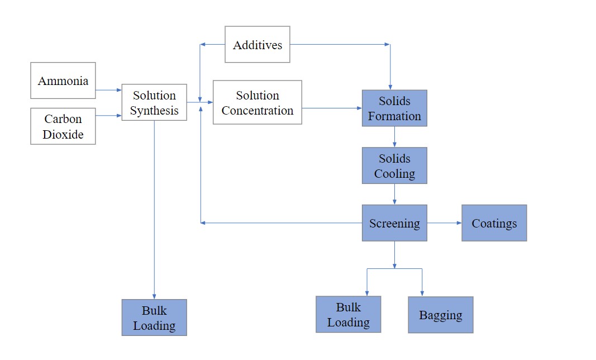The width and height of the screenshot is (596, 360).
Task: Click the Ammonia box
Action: [63, 80]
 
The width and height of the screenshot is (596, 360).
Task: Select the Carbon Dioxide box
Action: [63, 126]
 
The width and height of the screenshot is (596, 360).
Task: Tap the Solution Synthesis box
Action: [154, 103]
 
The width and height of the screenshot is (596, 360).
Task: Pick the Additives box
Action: [258, 45]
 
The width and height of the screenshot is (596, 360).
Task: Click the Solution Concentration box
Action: [258, 103]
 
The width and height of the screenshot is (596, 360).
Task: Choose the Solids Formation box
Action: [394, 108]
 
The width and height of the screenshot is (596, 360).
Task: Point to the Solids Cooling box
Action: [394, 166]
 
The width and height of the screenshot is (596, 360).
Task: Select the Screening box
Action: [394, 223]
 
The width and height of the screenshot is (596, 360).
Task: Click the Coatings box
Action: [494, 223]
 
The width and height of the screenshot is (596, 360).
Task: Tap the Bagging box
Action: [441, 315]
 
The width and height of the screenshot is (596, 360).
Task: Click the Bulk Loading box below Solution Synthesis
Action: [154, 318]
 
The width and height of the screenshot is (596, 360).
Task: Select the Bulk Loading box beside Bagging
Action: [349, 314]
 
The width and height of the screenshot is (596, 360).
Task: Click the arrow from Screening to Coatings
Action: [445, 223]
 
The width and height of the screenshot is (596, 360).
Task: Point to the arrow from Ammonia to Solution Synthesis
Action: [109, 89]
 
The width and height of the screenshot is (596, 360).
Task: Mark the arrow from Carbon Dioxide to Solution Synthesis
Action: [109, 116]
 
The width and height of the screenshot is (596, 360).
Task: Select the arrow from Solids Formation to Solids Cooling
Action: [394, 137]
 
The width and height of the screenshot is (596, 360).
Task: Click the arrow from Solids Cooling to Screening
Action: [394, 194]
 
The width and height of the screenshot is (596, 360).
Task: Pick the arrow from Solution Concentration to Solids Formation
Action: [332, 108]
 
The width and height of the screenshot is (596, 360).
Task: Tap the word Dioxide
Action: [63, 134]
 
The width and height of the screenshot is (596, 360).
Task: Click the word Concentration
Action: [258, 111]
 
